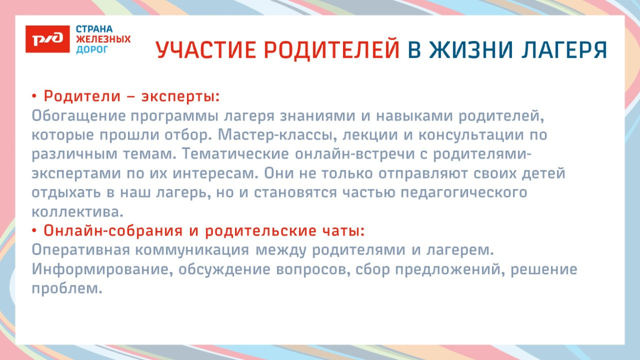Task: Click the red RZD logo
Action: [x=47, y=38]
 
